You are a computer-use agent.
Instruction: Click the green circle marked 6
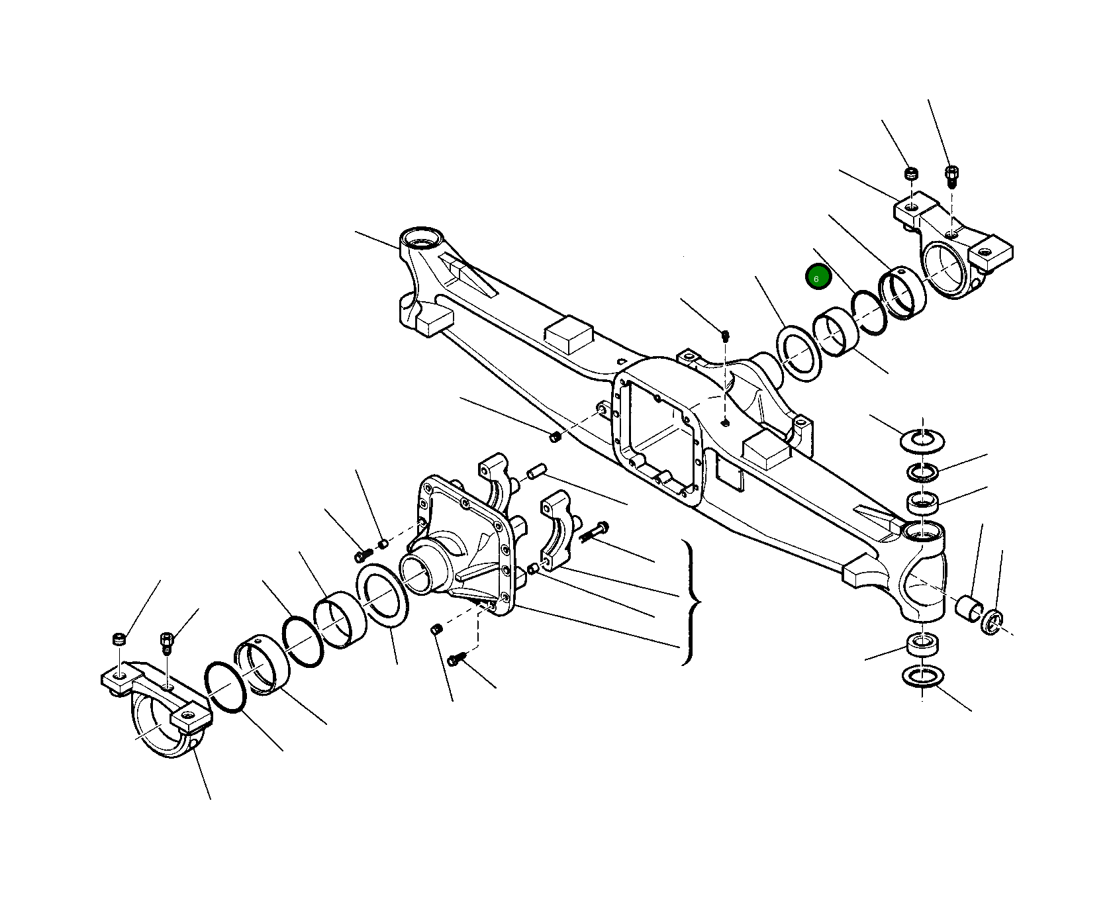point(817,277)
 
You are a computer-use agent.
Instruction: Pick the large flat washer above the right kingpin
point(922,440)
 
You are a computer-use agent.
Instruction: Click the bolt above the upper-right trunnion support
point(951,175)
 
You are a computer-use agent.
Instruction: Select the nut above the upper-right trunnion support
point(912,175)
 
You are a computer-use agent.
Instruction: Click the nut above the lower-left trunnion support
point(118,639)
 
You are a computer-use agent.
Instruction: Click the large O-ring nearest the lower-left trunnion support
point(226,687)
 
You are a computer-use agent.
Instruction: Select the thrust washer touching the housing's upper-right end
point(798,354)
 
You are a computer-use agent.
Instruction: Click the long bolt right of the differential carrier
point(595,531)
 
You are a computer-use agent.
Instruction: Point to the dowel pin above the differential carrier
point(535,472)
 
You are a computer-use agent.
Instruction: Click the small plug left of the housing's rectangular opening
point(555,436)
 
